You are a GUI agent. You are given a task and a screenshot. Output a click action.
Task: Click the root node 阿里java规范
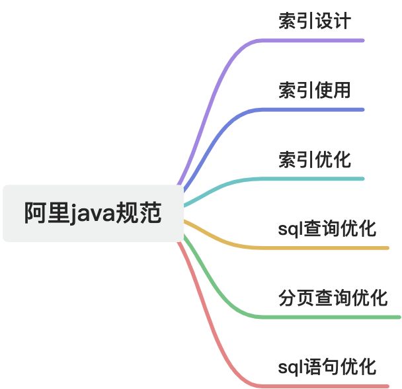coord(93,213)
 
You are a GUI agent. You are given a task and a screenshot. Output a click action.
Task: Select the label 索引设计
coord(314,21)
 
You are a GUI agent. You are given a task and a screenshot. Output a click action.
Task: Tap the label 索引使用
coord(314,90)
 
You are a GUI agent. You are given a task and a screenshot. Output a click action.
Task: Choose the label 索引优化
coord(314,159)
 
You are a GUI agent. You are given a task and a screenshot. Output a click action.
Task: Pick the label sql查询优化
coord(327,229)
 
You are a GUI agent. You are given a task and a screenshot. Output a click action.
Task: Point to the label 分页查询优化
coord(333,298)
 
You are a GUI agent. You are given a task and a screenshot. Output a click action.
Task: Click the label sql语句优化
coord(327,367)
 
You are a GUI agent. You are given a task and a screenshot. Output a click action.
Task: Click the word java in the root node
coord(93,214)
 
